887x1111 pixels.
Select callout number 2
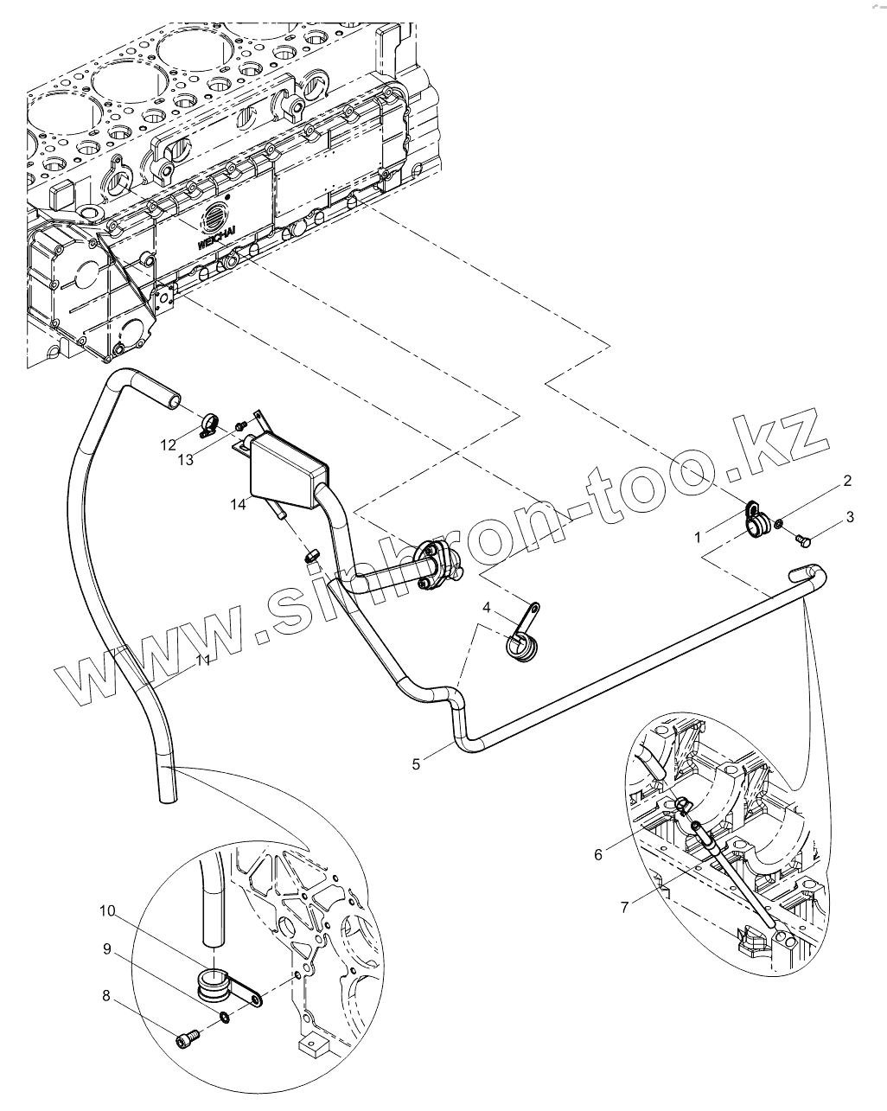pos(848,481)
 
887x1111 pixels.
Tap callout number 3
pos(850,517)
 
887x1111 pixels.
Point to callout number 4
pos(487,609)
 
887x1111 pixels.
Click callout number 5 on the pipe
pos(417,763)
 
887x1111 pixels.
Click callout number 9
pos(107,949)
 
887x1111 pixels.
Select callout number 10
pos(106,911)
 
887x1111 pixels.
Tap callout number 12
pos(168,444)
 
